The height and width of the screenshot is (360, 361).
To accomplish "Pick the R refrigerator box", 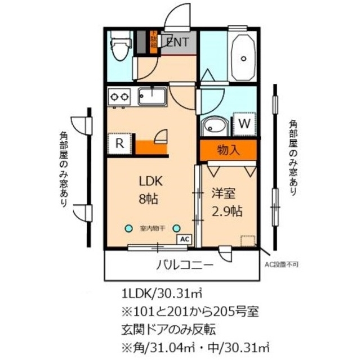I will pos(119,143).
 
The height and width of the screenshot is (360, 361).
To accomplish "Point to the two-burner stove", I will pos(119,97).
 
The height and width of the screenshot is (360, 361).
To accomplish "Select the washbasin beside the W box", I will pos(215,125).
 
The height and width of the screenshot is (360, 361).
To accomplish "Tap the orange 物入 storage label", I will pos(228,150).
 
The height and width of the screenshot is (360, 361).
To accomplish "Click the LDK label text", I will pos(151,181).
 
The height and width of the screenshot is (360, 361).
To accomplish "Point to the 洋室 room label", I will pos(224,193).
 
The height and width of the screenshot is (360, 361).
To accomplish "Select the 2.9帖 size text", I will pos(226,211).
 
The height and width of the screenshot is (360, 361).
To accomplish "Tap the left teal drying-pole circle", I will pos(129,228).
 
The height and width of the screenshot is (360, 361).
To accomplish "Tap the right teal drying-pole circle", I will pos(176,228).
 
